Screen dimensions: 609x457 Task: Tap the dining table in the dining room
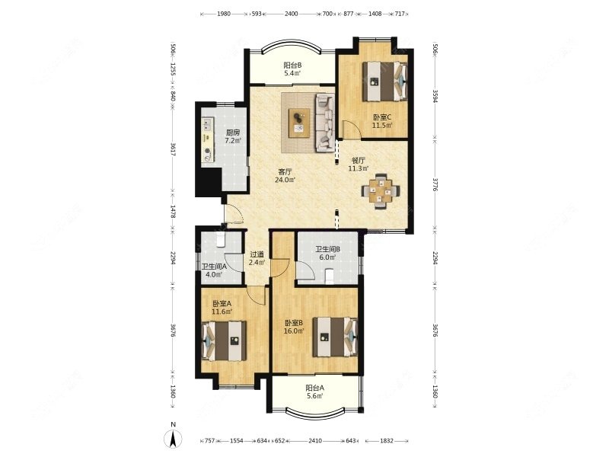pos(381,191)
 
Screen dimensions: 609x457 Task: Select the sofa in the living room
pos(325,123)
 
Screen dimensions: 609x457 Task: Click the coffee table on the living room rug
pos(299,123)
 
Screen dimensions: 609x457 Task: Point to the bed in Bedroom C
pos(385,81)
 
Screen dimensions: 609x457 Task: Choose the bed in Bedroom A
pos(224,340)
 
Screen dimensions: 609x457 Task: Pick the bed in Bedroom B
pos(335,337)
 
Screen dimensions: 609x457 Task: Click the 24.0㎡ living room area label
pos(285,180)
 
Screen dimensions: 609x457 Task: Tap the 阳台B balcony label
pos(292,66)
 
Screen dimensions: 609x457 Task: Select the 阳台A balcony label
pos(314,388)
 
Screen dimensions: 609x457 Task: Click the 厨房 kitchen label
pos(233,133)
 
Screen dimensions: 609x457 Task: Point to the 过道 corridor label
pos(257,254)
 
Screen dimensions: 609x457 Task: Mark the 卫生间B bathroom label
pos(327,250)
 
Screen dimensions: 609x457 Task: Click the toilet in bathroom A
pos(221,240)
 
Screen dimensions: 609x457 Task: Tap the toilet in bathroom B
pos(330,276)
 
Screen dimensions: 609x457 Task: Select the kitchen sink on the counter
pos(206,125)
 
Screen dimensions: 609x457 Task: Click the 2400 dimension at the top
pos(292,14)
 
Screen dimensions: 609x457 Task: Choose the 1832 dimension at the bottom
pos(387,441)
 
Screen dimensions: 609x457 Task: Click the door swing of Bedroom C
pos(352,129)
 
